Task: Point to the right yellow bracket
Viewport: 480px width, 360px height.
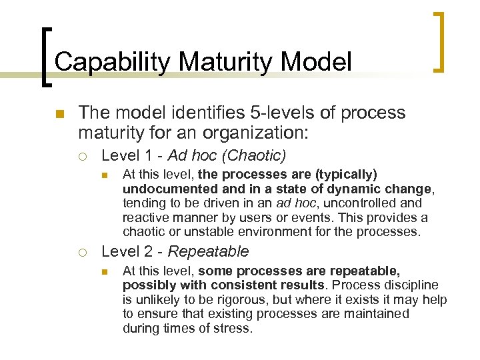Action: [x=439, y=41]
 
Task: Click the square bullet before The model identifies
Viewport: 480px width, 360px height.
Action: [x=61, y=114]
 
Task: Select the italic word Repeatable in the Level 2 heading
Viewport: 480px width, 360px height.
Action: [x=208, y=252]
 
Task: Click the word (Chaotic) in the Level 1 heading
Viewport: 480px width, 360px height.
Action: [x=254, y=156]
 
